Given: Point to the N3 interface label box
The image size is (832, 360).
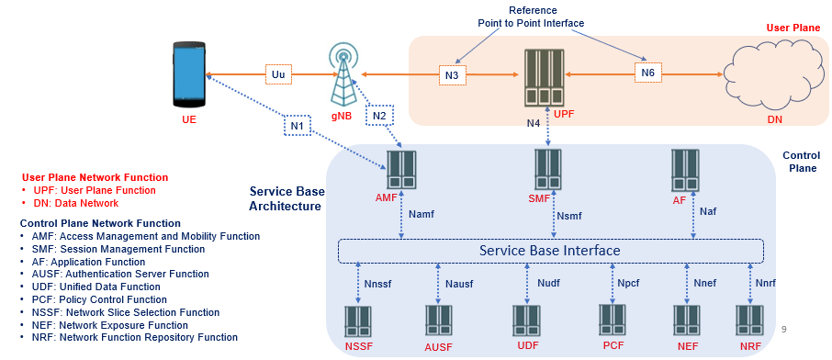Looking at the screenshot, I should pos(452,74).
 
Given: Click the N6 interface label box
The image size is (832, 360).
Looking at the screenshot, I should pos(647,73).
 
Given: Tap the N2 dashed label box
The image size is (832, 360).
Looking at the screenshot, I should pos(379,116).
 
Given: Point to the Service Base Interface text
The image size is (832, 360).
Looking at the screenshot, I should pos(551,250).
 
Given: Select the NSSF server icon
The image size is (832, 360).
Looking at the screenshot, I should pos(358,321).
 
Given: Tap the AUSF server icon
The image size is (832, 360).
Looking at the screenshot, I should pos(439,321).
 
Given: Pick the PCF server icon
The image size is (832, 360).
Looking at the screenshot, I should pos(613,321).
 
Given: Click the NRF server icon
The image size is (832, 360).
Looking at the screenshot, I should pos(750,321).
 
